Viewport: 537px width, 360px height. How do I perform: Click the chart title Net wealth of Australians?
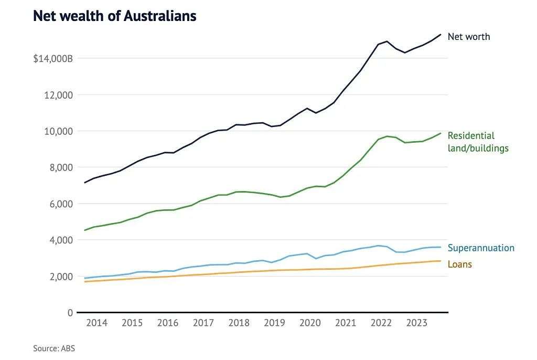(114, 16)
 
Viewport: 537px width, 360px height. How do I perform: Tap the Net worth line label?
(468, 37)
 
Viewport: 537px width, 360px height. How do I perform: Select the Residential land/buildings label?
(477, 142)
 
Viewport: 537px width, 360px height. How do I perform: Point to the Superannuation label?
(480, 248)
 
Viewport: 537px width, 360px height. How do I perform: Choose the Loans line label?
(459, 264)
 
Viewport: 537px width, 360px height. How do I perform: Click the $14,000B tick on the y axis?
(53, 58)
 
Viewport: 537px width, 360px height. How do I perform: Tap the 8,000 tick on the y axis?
(61, 167)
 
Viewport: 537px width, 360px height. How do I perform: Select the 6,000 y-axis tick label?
(61, 204)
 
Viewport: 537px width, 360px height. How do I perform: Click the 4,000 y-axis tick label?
(61, 240)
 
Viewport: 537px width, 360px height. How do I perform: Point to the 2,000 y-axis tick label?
(61, 276)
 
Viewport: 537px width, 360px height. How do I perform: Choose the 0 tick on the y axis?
(69, 313)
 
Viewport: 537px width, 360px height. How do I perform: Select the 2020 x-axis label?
(310, 323)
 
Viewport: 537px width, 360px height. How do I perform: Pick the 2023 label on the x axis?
(416, 323)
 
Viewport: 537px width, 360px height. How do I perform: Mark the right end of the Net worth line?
(441, 35)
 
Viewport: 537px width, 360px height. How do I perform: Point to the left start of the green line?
(85, 230)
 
